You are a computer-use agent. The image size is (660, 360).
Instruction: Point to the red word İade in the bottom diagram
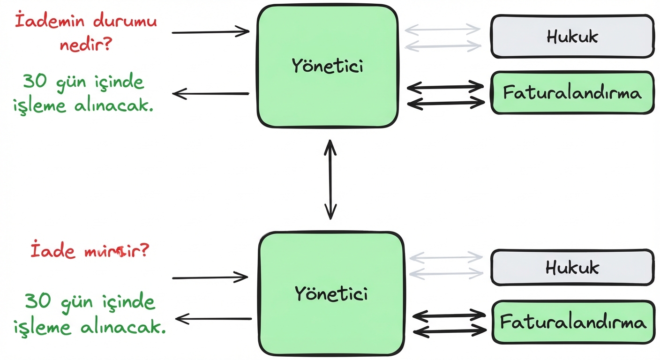(x=52, y=251)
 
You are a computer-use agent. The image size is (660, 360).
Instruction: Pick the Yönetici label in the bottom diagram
(x=331, y=293)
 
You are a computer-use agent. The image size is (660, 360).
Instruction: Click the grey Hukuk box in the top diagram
(x=572, y=36)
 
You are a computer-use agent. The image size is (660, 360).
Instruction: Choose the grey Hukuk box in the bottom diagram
(x=572, y=267)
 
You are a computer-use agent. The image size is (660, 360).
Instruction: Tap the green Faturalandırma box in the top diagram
(x=572, y=92)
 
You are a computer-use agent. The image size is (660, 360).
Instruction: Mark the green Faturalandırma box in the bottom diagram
(x=573, y=322)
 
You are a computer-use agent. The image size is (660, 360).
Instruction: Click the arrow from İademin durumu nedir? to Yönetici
(x=211, y=32)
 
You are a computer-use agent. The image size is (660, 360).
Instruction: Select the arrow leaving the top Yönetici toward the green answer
(x=211, y=94)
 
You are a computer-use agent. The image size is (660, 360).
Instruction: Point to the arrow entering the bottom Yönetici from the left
(x=210, y=278)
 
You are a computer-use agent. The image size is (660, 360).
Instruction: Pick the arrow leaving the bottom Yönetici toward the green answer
(x=213, y=320)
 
